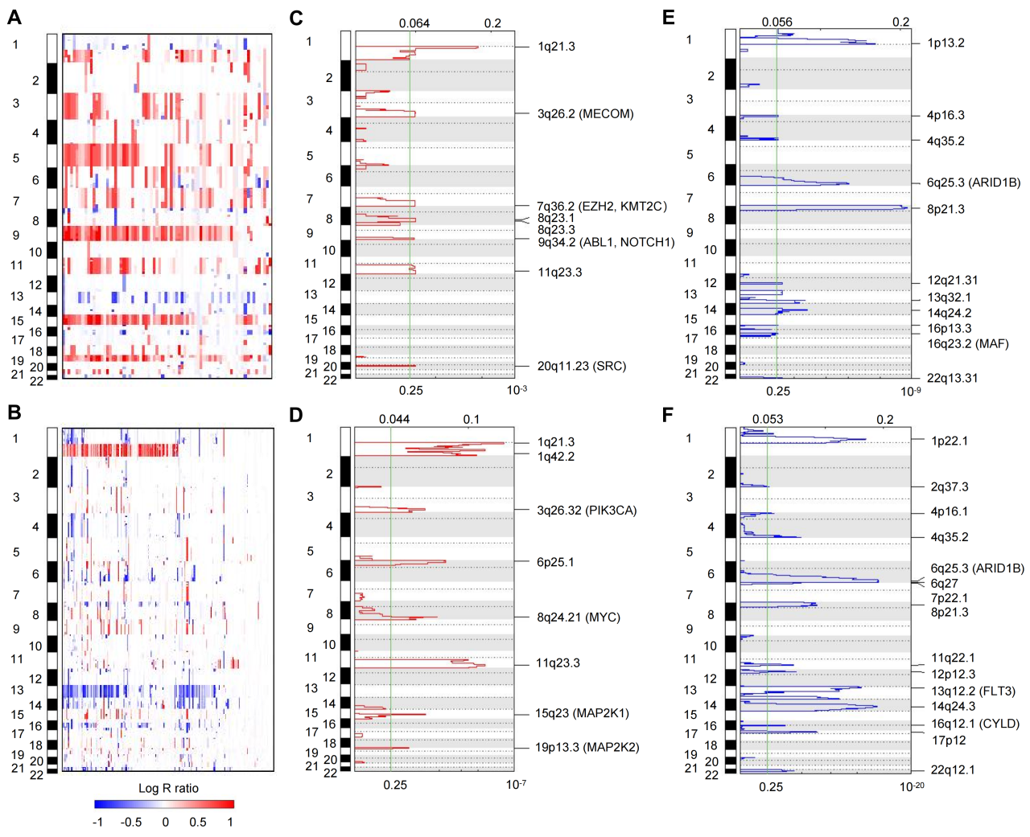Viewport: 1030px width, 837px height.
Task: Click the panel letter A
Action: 14,18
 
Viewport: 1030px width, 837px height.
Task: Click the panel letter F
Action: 668,414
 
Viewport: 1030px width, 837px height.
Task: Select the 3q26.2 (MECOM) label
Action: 585,114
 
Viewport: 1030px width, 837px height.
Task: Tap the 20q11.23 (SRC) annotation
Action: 581,366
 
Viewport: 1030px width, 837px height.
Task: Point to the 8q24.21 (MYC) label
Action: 578,617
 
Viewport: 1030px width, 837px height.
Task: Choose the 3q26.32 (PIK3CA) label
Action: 587,511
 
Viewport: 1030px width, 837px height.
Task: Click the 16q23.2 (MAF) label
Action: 967,344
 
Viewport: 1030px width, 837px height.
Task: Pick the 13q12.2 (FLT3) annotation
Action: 973,691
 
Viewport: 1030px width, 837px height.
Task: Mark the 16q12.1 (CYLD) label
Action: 975,724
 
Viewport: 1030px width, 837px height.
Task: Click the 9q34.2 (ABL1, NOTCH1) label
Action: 606,242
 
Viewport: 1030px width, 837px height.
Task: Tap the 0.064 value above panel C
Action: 414,23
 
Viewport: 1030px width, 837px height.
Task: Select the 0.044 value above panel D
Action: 394,419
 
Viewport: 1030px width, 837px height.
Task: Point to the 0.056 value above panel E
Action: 777,23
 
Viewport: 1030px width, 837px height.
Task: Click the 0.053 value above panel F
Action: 768,419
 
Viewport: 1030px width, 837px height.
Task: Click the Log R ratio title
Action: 168,788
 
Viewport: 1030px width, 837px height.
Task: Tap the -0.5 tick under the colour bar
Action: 131,822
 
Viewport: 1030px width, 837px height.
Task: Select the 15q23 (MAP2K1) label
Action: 582,713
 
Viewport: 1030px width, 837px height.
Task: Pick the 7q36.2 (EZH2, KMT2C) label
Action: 601,207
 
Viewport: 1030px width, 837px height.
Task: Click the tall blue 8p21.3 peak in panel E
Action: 903,208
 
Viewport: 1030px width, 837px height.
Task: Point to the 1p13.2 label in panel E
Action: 946,43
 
